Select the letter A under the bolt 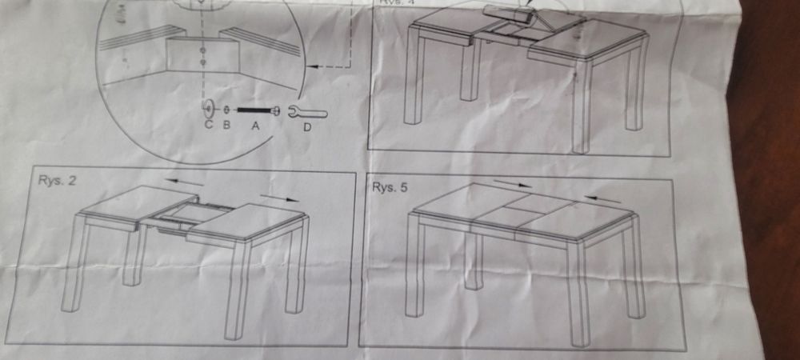[x=255, y=125]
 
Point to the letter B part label [x=226, y=125]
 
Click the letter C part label [x=208, y=125]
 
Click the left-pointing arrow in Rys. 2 [x=183, y=182]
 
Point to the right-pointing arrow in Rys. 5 [x=512, y=184]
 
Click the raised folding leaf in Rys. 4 [x=509, y=14]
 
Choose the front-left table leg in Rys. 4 [x=414, y=80]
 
